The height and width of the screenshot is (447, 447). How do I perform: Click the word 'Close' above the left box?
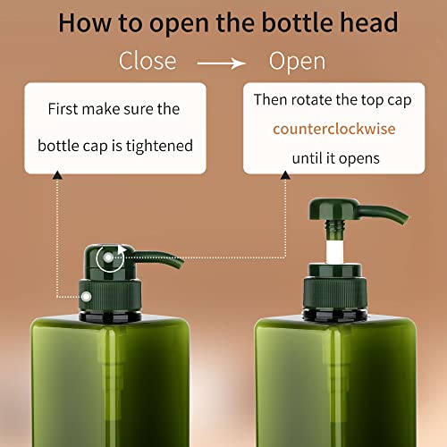tap(148, 61)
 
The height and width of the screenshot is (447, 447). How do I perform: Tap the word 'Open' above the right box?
tap(297, 62)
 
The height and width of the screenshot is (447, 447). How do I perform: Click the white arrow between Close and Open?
tap(221, 63)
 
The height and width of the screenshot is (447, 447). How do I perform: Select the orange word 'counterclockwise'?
tap(334, 129)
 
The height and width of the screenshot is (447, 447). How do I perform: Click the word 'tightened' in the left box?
tap(159, 146)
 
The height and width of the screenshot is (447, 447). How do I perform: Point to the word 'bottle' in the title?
tap(298, 22)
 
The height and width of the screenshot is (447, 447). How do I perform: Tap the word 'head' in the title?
tap(369, 22)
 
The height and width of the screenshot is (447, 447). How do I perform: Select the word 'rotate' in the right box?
tap(311, 100)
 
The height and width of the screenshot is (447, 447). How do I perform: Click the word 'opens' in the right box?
tap(359, 159)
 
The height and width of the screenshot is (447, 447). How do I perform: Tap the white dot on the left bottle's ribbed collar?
tap(86, 297)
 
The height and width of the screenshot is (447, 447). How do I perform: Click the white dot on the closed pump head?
tap(108, 257)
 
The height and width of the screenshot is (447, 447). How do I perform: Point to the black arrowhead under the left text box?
tap(57, 175)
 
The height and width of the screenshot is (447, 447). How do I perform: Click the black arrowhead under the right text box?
tap(285, 175)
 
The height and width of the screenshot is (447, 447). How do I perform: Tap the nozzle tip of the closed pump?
tap(180, 264)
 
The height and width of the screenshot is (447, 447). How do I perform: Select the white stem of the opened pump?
tap(334, 252)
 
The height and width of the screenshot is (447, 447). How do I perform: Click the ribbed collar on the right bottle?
tap(335, 293)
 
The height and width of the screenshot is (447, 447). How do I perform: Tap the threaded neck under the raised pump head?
tap(335, 225)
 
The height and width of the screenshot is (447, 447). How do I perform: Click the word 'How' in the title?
tap(85, 23)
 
